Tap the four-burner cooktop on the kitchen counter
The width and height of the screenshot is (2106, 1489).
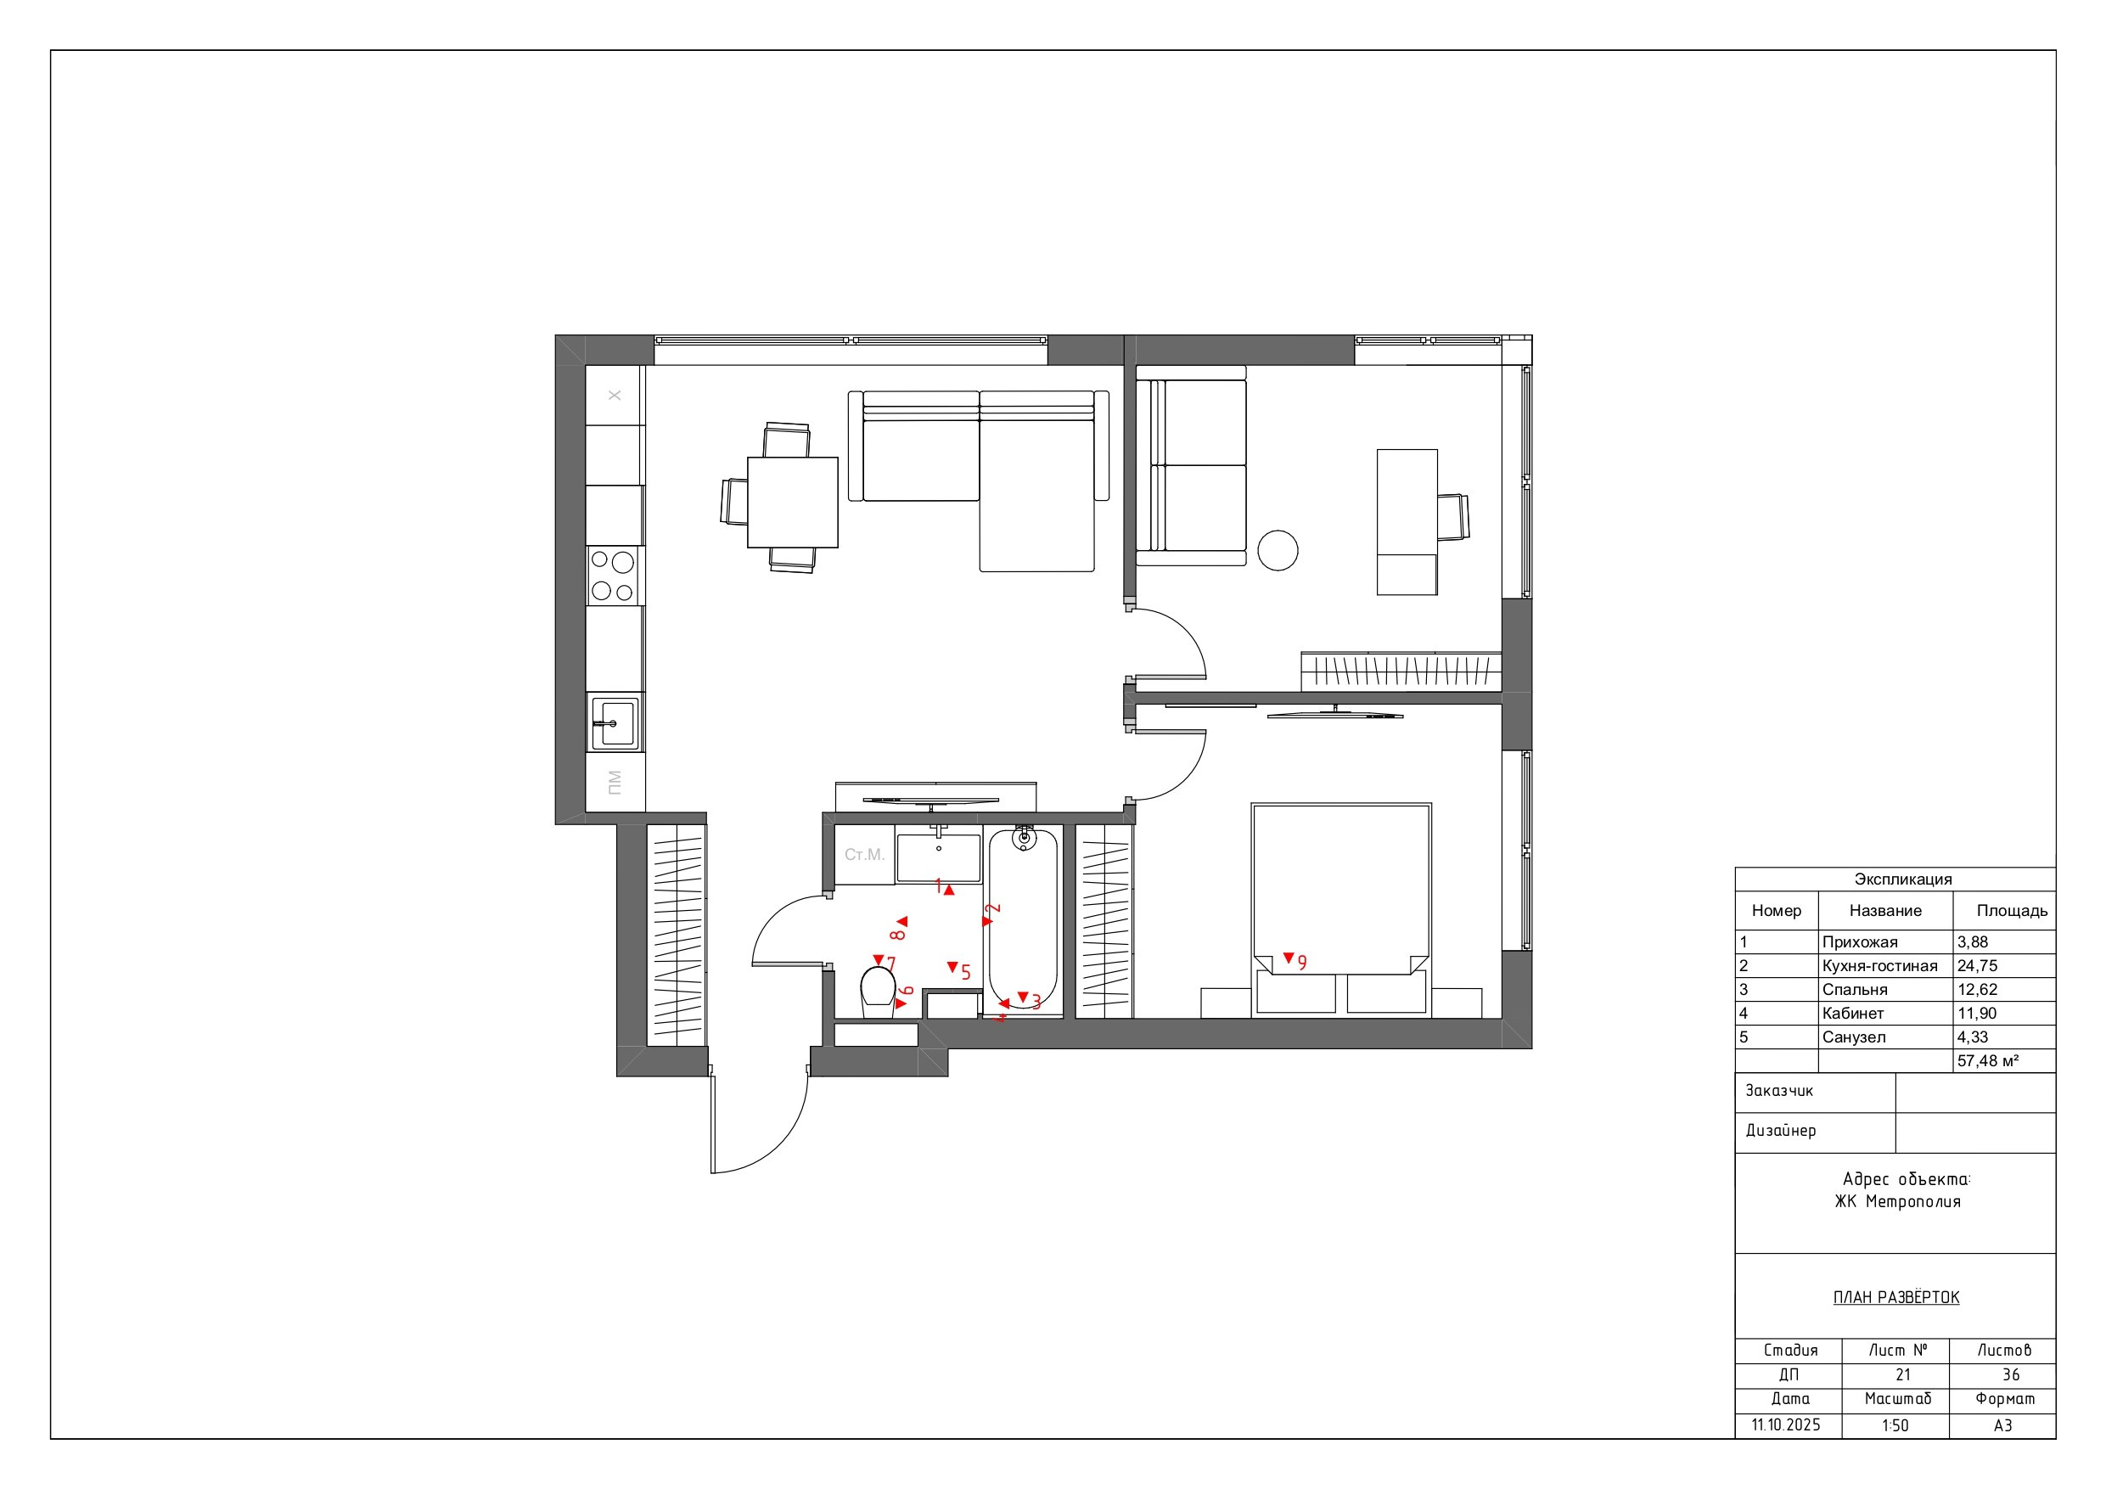tap(614, 576)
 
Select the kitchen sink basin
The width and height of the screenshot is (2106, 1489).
tap(614, 722)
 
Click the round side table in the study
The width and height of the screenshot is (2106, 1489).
tap(1278, 550)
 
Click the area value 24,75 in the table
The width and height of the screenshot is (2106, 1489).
tap(1977, 966)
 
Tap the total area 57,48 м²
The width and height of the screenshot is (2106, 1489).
tap(1988, 1060)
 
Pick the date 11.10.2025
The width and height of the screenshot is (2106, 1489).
tap(1786, 1424)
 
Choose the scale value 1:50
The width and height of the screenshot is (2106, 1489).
tap(1895, 1425)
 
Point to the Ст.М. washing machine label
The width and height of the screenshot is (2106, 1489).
tap(864, 855)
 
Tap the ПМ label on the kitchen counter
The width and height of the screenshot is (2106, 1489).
tap(615, 783)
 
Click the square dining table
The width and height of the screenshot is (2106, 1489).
tap(793, 503)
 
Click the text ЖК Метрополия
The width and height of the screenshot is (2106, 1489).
tap(1897, 1202)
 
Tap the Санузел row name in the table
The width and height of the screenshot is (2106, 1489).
tap(1854, 1037)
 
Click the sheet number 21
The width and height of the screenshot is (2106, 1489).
tap(1902, 1374)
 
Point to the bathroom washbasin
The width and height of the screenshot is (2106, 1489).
tap(938, 857)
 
